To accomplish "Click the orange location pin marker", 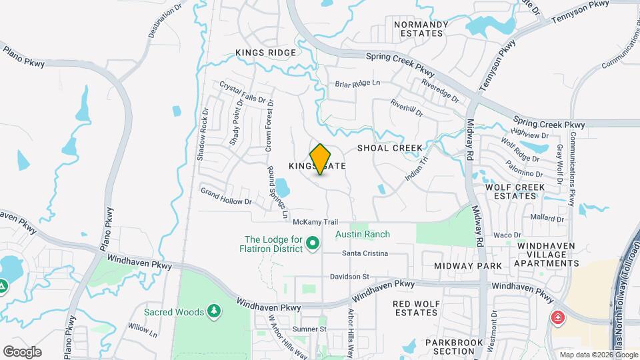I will (x=321, y=159).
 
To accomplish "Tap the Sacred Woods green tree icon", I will (x=213, y=311).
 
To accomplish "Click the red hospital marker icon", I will (x=556, y=318).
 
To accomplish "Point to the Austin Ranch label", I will (x=363, y=234).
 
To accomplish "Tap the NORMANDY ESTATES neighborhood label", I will (x=421, y=29).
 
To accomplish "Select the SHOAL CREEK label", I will (x=390, y=148).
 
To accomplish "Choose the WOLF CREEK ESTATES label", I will (x=511, y=191).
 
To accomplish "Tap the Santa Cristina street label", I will (x=365, y=253).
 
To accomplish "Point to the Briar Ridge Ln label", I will (x=357, y=83).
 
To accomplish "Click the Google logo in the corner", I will (x=22, y=351).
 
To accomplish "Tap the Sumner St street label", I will (x=311, y=329).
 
